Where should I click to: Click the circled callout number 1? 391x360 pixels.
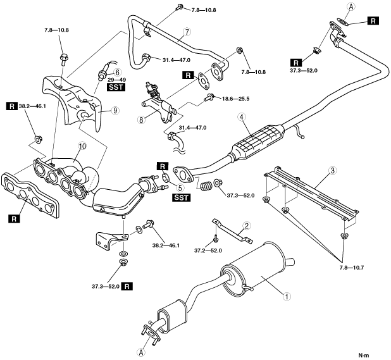tap(287, 295)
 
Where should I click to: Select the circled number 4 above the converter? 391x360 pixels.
tap(242, 116)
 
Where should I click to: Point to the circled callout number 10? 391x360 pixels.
tap(82, 147)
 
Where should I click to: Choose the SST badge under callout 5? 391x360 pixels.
tap(182, 197)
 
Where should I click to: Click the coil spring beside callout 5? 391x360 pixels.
tap(204, 187)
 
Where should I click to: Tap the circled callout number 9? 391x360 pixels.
tap(115, 109)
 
